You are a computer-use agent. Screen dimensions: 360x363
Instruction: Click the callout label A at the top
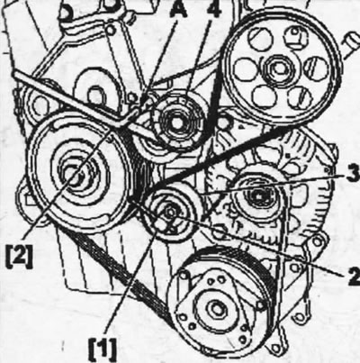pyautogui.click(x=178, y=10)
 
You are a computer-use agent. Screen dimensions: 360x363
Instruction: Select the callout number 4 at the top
pyautogui.click(x=214, y=10)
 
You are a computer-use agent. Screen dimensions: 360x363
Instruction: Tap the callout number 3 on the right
pyautogui.click(x=353, y=174)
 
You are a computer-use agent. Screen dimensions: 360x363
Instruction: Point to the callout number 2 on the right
pyautogui.click(x=353, y=276)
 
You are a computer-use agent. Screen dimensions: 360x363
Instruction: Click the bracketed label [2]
pyautogui.click(x=18, y=258)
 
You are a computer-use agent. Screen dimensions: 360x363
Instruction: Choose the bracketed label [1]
pyautogui.click(x=103, y=349)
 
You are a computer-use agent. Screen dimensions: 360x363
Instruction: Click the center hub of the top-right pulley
pyautogui.click(x=279, y=68)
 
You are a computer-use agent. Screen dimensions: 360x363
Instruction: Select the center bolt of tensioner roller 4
pyautogui.click(x=175, y=123)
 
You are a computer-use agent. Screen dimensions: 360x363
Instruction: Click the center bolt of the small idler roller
pyautogui.click(x=170, y=213)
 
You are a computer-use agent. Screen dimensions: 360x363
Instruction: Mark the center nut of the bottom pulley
pyautogui.click(x=216, y=310)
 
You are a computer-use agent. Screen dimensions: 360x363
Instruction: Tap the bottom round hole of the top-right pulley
pyautogui.click(x=264, y=97)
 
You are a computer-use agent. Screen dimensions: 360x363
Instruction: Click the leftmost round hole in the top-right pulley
pyautogui.click(x=246, y=69)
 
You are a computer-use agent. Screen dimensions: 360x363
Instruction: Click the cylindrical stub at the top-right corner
pyautogui.click(x=352, y=46)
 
